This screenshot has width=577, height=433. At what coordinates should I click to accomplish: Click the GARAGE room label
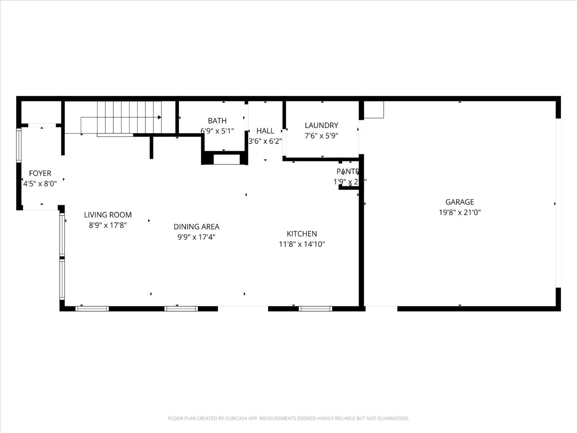pyautogui.click(x=460, y=202)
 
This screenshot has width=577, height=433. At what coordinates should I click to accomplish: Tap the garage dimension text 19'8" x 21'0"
pyautogui.click(x=460, y=212)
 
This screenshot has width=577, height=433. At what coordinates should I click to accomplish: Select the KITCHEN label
pyautogui.click(x=302, y=234)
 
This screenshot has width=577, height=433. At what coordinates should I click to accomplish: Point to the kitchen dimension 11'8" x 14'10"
pyautogui.click(x=302, y=244)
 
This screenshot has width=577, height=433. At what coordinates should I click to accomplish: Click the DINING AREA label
pyautogui.click(x=196, y=227)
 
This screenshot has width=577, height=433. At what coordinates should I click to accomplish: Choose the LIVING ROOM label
pyautogui.click(x=108, y=215)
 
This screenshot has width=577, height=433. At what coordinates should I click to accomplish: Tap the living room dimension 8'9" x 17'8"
pyautogui.click(x=108, y=225)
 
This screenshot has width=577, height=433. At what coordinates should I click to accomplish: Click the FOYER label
pyautogui.click(x=40, y=173)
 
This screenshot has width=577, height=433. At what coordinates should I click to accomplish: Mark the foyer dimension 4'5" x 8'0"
pyautogui.click(x=40, y=184)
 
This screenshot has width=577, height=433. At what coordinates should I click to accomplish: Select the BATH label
pyautogui.click(x=217, y=121)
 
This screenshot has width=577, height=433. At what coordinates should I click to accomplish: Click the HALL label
pyautogui.click(x=265, y=131)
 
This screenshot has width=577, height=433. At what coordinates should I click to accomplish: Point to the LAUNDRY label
pyautogui.click(x=321, y=125)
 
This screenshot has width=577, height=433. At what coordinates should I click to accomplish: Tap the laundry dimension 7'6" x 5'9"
pyautogui.click(x=321, y=136)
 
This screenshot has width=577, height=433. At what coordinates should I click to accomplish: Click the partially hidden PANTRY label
pyautogui.click(x=347, y=172)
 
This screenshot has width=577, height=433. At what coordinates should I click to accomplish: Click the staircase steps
pyautogui.click(x=129, y=117)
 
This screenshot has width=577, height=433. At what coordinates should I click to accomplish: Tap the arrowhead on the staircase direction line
pyautogui.click(x=159, y=117)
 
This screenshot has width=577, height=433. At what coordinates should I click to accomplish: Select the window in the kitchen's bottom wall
pyautogui.click(x=315, y=309)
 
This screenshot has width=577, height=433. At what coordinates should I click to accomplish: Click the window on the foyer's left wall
pyautogui.click(x=18, y=145)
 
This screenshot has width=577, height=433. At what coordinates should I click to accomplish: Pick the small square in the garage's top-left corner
pyautogui.click(x=373, y=109)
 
